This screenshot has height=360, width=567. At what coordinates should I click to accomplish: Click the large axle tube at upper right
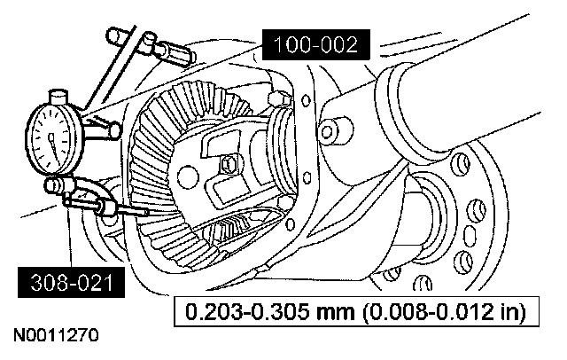(461, 98)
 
